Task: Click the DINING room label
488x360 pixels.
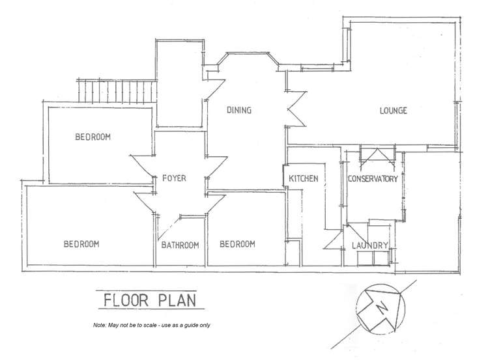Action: [x=239, y=111]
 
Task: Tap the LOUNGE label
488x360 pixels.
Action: [x=394, y=111]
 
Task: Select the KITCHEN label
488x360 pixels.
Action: [x=303, y=179]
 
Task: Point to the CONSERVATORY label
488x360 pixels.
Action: [x=372, y=179]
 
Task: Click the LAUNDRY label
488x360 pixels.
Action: [x=370, y=245]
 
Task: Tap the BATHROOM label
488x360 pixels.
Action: [x=180, y=245]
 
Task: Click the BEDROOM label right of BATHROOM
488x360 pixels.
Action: [x=237, y=244]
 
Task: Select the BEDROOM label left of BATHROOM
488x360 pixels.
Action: [x=81, y=244]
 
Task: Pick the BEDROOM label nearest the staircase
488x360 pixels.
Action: [x=93, y=137]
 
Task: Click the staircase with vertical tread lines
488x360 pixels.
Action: [x=117, y=90]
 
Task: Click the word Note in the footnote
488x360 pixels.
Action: [x=100, y=325]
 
